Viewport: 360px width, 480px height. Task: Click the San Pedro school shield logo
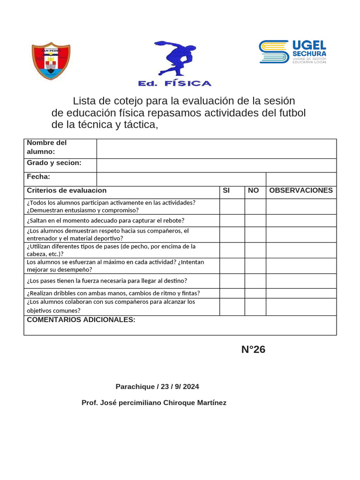(x=51, y=61)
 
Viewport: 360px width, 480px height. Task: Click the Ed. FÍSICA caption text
(x=174, y=83)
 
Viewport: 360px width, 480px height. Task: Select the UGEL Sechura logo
(x=292, y=52)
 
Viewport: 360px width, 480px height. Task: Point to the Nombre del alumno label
(x=47, y=147)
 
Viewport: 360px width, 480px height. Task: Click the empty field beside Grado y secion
(x=216, y=165)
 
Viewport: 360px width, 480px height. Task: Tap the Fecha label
(x=39, y=177)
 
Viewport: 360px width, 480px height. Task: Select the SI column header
(x=226, y=190)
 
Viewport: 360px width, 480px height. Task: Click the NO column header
(x=253, y=190)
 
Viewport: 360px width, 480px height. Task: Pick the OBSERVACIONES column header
(x=301, y=190)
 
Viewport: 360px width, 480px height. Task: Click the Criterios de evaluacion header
(x=67, y=190)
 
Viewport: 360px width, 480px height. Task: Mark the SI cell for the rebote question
(x=232, y=220)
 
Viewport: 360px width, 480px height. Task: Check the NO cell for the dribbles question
(x=255, y=293)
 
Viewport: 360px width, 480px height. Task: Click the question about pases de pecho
(x=111, y=250)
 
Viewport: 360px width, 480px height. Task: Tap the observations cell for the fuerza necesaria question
(x=301, y=281)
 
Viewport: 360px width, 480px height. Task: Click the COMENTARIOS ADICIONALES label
(x=81, y=320)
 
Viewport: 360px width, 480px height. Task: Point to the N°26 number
(x=253, y=349)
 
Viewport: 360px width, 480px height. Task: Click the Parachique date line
(x=157, y=387)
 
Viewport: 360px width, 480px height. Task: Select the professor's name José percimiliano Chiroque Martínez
(x=154, y=403)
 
